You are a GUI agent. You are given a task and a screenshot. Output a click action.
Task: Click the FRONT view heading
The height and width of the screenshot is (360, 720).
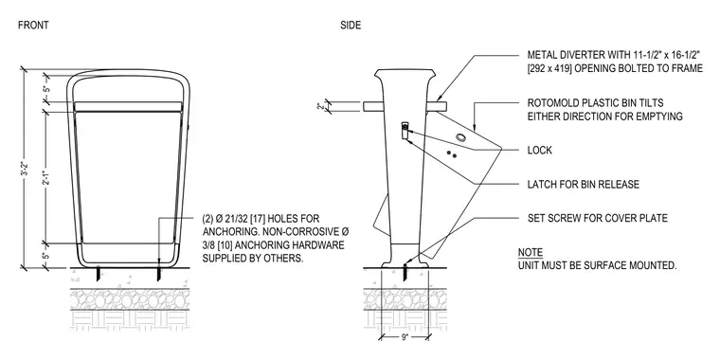[33, 26]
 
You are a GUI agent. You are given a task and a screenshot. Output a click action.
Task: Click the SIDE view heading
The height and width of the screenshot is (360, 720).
[351, 26]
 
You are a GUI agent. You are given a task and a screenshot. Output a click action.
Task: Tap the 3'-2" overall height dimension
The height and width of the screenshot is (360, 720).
[27, 169]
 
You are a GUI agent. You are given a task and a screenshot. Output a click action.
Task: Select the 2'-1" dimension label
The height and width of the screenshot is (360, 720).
[45, 178]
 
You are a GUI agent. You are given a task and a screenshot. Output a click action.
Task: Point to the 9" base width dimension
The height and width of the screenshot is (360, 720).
[405, 337]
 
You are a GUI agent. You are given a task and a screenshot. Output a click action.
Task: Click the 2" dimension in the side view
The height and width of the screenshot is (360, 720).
[320, 106]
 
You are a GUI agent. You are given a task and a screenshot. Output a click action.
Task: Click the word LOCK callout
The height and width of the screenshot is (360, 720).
[540, 150]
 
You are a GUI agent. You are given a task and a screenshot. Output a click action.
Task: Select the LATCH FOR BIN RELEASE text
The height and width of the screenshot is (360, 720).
[584, 184]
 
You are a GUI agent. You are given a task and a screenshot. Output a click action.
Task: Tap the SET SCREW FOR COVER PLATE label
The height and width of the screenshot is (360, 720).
[598, 218]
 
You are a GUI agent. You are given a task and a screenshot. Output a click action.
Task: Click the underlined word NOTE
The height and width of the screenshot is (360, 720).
[531, 252]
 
